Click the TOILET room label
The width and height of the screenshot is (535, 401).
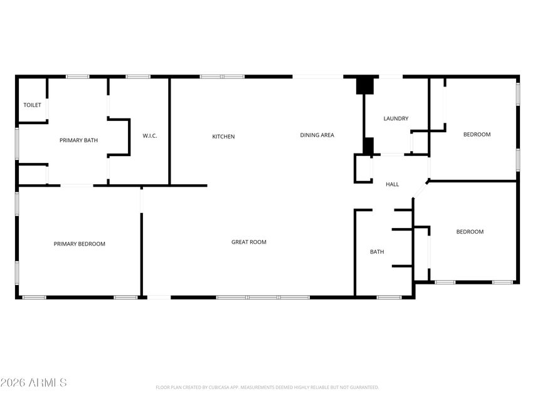point(33,105)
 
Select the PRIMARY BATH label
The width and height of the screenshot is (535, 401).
point(78,140)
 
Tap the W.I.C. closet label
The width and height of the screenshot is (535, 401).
point(149,136)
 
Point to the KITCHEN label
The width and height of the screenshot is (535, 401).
point(223,137)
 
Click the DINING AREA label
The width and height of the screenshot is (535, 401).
point(317,135)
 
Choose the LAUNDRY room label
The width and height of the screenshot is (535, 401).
point(396,118)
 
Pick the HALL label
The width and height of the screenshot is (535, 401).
point(392,184)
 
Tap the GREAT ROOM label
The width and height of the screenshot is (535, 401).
point(249,242)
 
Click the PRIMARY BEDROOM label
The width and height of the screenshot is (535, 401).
point(79,244)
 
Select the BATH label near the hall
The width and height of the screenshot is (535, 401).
point(377,252)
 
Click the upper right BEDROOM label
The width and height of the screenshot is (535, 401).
point(477,134)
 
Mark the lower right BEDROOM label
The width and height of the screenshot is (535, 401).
point(469,232)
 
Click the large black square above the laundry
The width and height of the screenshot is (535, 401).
point(364,85)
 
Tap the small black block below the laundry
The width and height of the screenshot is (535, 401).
point(368,145)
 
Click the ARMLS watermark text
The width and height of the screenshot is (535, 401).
point(34,382)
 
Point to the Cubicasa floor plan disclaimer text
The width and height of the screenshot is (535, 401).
point(267,387)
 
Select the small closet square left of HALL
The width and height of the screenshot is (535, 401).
point(363,169)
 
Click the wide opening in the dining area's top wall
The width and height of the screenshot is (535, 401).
point(318,77)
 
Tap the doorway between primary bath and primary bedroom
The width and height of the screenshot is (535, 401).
point(77,185)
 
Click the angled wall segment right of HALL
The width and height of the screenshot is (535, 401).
point(420,189)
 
